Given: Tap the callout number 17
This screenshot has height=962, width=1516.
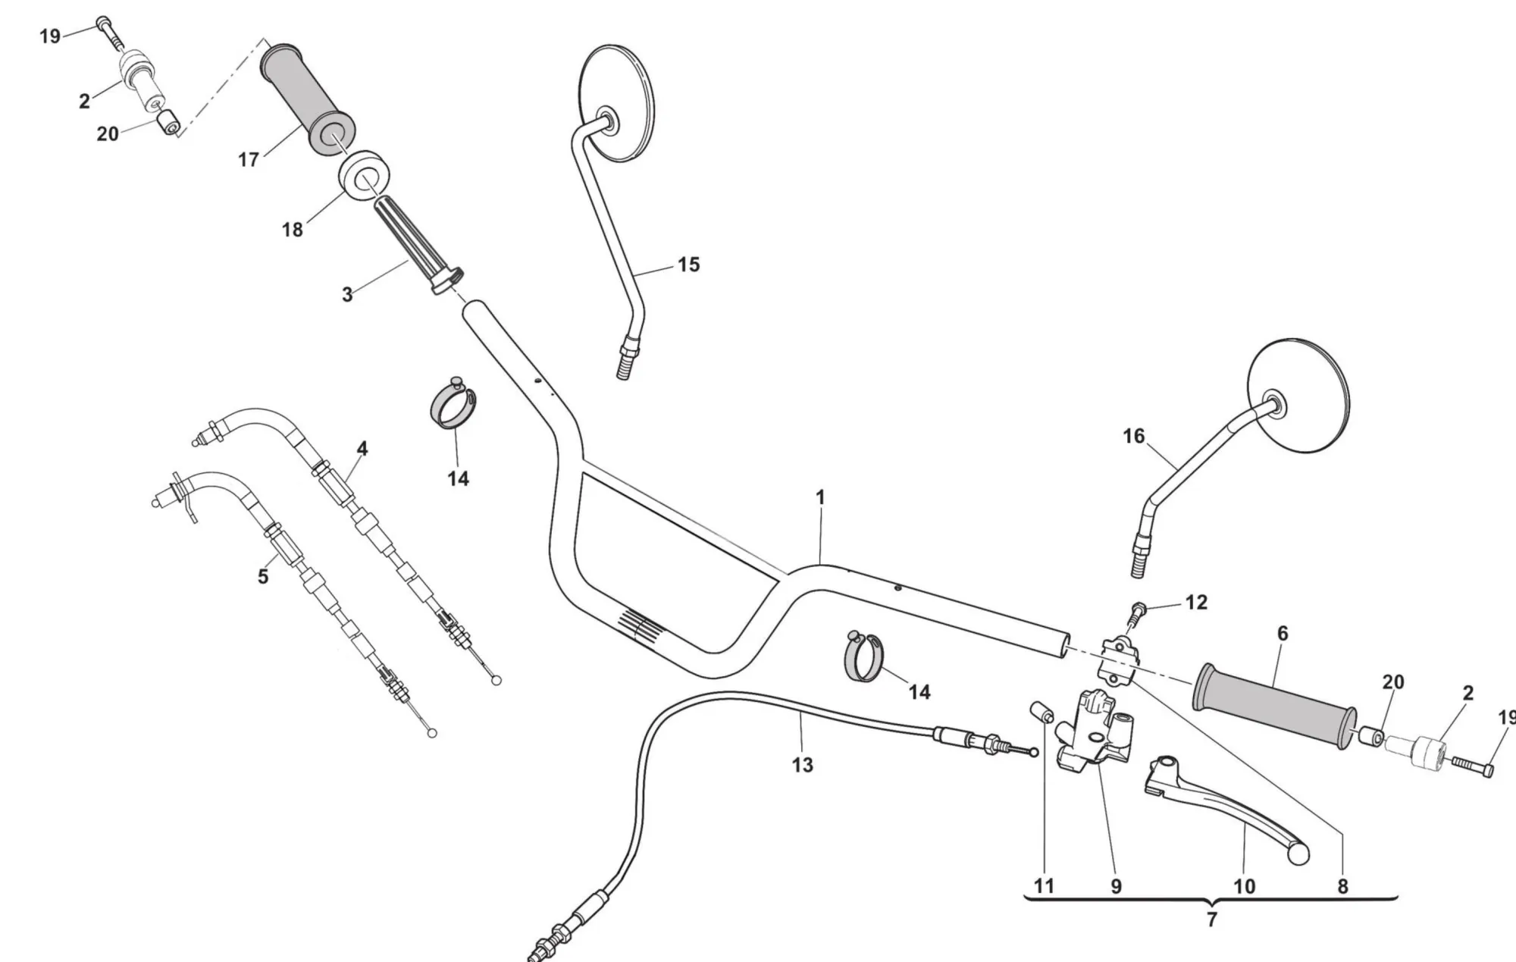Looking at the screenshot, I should [x=249, y=160].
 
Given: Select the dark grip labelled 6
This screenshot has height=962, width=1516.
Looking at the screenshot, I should [x=1273, y=706].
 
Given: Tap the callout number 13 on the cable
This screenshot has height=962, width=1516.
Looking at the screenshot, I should [x=802, y=765].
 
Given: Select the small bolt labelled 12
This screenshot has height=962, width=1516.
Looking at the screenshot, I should [x=1138, y=609].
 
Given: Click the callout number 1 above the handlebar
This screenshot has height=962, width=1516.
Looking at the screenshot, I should [x=820, y=498].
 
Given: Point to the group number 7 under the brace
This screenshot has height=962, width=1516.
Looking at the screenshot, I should [x=1211, y=920].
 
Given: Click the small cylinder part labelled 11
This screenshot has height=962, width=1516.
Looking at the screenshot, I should [x=1041, y=713].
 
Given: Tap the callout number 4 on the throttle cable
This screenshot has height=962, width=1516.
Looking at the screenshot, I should [x=362, y=449].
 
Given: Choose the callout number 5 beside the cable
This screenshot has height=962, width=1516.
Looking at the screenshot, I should [x=263, y=576].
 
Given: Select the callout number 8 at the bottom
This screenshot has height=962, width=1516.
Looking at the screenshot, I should [x=1342, y=885].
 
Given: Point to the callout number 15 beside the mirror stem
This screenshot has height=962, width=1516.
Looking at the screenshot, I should [x=688, y=265].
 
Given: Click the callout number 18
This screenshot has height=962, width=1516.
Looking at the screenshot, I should [x=293, y=229].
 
